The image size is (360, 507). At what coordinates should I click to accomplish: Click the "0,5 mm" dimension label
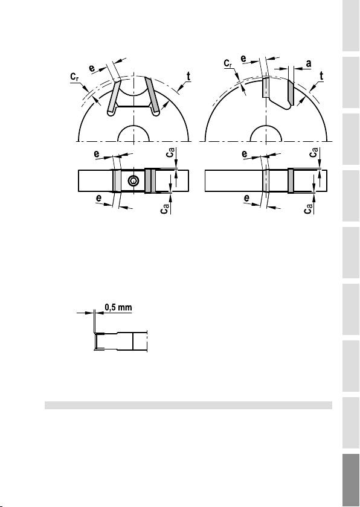(x=119, y=307)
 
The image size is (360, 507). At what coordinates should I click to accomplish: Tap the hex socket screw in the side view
(x=133, y=181)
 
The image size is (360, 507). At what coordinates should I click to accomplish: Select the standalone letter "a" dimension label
(x=309, y=64)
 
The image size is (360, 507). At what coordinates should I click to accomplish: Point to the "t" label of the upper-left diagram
(x=188, y=77)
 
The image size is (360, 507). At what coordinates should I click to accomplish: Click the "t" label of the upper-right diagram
(x=321, y=76)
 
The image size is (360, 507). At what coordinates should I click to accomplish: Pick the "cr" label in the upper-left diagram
(x=75, y=77)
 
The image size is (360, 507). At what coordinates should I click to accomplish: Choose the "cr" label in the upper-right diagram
(x=228, y=63)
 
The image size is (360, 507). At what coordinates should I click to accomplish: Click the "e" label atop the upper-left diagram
(x=92, y=68)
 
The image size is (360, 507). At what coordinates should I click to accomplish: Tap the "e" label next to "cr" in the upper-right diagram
(x=243, y=59)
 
